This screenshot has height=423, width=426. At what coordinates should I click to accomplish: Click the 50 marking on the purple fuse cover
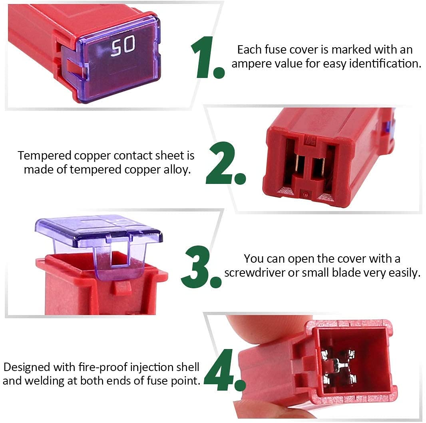pyautogui.click(x=123, y=46)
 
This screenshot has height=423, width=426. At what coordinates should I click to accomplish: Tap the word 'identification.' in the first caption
pyautogui.click(x=385, y=63)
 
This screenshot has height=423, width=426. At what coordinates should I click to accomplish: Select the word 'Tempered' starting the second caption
pyautogui.click(x=44, y=156)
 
